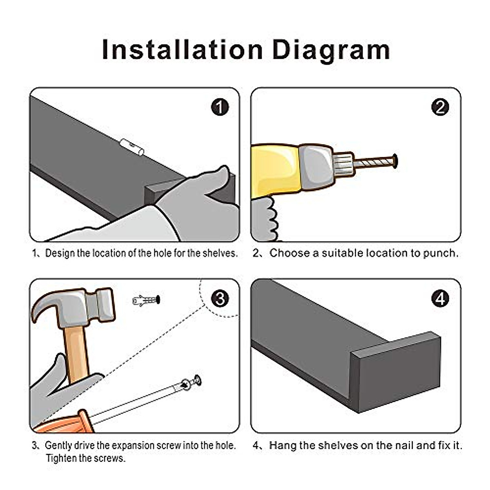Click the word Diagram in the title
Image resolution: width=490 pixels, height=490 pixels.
tap(331, 51)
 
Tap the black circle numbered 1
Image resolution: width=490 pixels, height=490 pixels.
tap(220, 107)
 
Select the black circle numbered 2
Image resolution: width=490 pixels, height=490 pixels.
tap(440, 107)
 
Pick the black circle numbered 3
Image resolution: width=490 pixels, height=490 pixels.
tap(220, 298)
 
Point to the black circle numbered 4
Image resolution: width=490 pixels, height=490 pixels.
tap(440, 298)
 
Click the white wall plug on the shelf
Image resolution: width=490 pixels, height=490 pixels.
tap(132, 147)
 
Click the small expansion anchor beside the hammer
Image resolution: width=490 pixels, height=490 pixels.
tap(146, 301)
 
